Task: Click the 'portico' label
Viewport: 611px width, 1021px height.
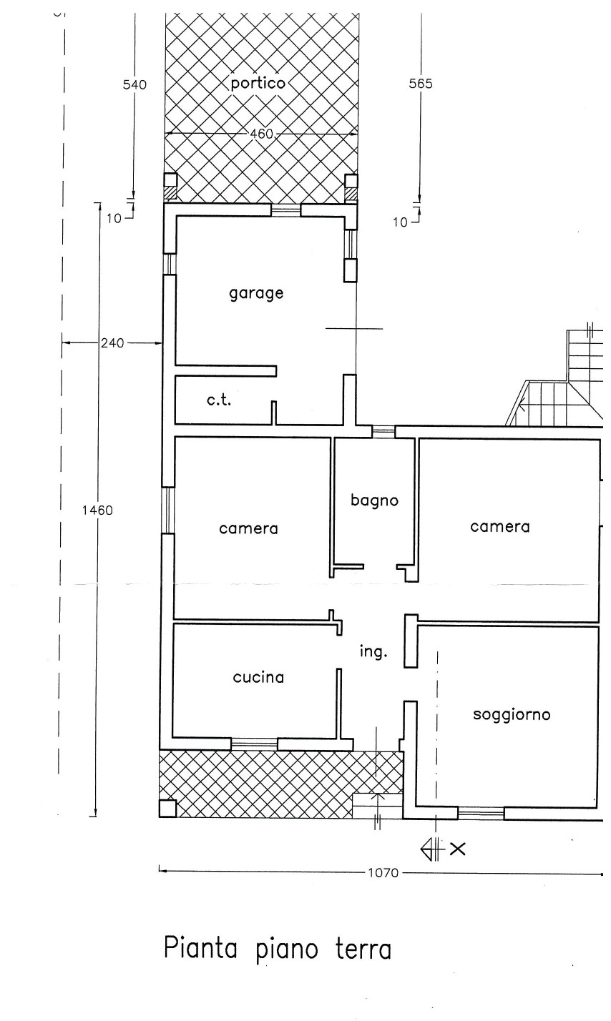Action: click(x=258, y=84)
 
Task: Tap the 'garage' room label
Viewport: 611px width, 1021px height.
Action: click(x=256, y=293)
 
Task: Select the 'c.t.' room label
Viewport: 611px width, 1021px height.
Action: click(x=219, y=400)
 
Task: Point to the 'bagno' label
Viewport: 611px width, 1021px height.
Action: click(x=374, y=500)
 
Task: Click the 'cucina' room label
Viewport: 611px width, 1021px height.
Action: click(x=258, y=677)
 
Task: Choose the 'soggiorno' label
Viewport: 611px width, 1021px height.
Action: click(x=512, y=715)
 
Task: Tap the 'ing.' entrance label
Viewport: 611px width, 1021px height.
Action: click(x=373, y=652)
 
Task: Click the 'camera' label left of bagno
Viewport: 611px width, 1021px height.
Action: click(x=248, y=528)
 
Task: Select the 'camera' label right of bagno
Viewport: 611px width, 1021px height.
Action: click(x=500, y=527)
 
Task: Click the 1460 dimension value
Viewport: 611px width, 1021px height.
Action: click(x=97, y=510)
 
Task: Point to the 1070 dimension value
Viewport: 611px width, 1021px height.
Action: click(x=383, y=873)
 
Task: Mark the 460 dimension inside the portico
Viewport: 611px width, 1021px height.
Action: click(x=262, y=134)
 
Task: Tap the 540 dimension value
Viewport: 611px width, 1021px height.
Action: click(x=135, y=84)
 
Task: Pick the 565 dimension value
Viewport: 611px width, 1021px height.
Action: click(x=421, y=84)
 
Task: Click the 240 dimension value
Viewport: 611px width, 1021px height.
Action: click(x=112, y=342)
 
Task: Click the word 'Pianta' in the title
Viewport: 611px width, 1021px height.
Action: click(x=200, y=949)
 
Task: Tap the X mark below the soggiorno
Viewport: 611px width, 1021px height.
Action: click(x=458, y=849)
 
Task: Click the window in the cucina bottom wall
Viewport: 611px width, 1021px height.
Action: click(x=254, y=744)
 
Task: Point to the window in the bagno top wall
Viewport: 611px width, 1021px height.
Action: click(x=383, y=431)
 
